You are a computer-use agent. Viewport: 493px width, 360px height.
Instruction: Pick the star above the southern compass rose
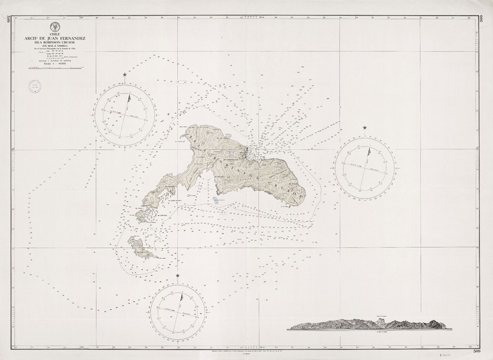pos(178,275)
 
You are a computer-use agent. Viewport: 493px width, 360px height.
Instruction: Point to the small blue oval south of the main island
pos(215,200)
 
